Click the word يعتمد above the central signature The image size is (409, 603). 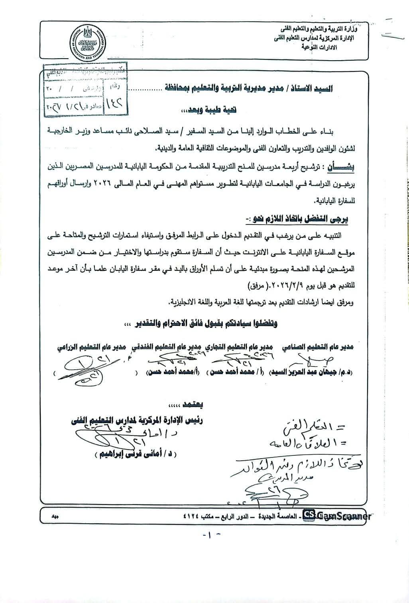point(192,405)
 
